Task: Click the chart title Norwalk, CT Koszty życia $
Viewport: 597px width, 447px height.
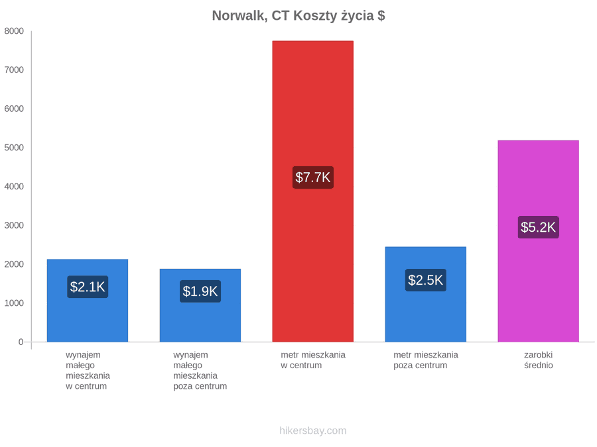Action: coord(298,16)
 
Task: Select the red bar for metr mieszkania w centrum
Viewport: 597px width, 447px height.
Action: coord(313,191)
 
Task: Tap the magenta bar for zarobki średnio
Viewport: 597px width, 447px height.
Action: coord(539,241)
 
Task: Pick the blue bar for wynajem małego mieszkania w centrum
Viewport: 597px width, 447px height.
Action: coord(88,300)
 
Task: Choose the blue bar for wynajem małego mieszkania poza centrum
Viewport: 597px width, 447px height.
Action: coord(200,305)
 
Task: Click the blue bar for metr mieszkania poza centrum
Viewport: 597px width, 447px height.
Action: coord(426,294)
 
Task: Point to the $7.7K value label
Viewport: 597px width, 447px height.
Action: coord(313,177)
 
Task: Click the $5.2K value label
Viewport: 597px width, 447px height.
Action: coord(539,227)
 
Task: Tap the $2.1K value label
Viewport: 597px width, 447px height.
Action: coord(88,287)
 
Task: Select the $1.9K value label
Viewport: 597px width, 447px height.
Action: coord(200,291)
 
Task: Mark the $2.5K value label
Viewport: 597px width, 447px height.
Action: coord(426,280)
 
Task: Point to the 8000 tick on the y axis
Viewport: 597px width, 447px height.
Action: coord(14,31)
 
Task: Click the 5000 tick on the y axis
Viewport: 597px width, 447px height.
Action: coord(14,148)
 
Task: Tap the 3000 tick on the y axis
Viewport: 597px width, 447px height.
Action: coord(14,225)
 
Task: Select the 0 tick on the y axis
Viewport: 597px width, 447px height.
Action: coord(21,342)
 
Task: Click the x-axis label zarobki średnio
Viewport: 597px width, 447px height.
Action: coord(539,360)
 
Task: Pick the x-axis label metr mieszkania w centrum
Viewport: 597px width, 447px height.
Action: coord(313,360)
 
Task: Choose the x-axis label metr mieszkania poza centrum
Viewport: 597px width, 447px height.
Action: coord(426,360)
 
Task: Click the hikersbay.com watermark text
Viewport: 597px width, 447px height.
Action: coord(313,430)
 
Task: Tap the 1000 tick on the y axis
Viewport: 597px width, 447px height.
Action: coord(14,303)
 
